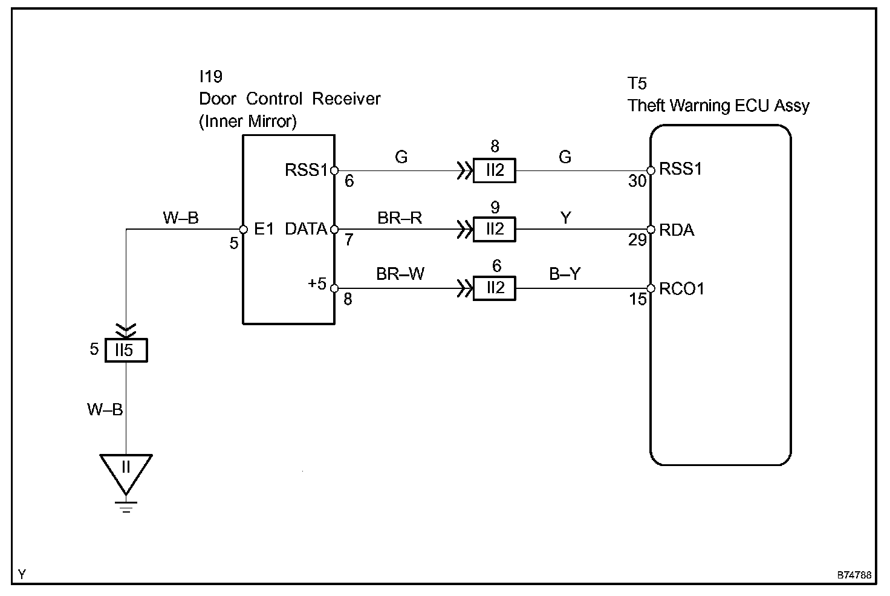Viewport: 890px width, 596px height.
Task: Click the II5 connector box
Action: (126, 351)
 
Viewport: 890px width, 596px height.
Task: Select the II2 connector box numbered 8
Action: (495, 170)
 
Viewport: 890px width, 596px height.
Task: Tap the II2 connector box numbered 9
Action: (495, 230)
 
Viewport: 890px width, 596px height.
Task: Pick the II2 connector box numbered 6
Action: (495, 288)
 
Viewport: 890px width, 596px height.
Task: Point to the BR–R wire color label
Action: (400, 218)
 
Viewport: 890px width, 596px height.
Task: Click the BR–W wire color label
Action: (400, 274)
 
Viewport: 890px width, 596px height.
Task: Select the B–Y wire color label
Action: (565, 274)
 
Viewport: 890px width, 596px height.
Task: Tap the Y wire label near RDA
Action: (565, 218)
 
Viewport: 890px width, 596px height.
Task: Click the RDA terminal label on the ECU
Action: (677, 230)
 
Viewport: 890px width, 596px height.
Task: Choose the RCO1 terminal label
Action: (682, 289)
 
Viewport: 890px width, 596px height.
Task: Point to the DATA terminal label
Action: (306, 229)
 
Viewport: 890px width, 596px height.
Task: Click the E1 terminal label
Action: (265, 229)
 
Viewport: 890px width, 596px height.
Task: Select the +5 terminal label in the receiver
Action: (317, 283)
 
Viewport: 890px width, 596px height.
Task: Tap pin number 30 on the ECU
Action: (637, 181)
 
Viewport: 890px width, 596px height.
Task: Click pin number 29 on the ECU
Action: (637, 241)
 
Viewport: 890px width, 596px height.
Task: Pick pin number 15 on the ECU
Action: (638, 299)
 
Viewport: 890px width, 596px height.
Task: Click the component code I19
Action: (210, 77)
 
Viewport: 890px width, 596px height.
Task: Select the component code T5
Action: (637, 83)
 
